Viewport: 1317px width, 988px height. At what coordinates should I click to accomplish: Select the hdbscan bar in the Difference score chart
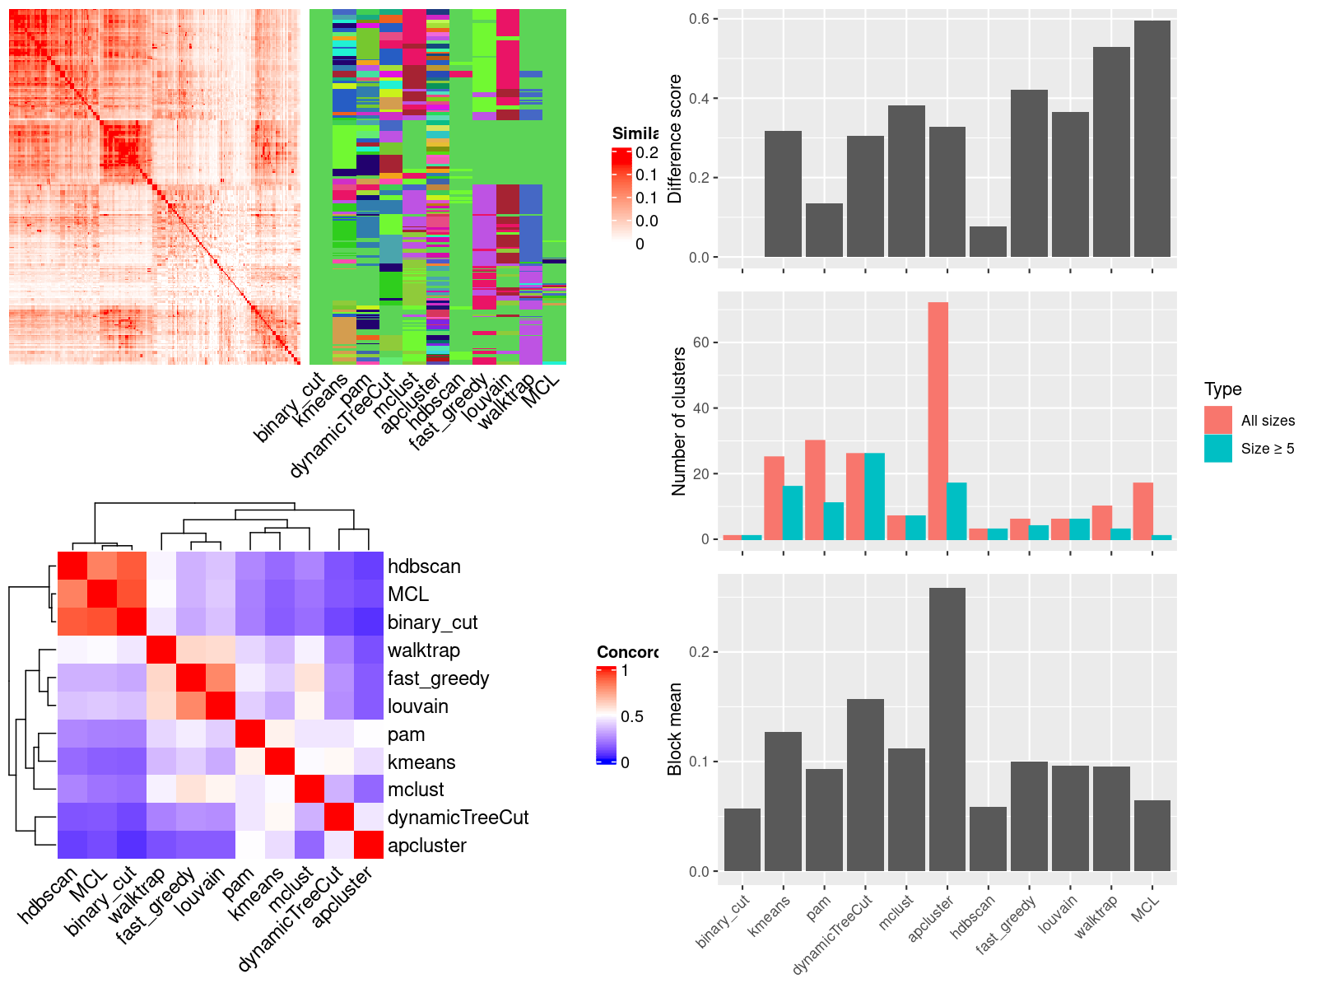988,242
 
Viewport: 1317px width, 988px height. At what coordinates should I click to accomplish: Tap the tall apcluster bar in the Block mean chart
947,729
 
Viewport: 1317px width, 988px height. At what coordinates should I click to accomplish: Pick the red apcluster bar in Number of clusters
938,421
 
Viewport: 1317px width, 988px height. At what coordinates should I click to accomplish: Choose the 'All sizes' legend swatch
1217,420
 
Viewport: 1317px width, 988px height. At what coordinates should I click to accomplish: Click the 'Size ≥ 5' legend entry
1267,449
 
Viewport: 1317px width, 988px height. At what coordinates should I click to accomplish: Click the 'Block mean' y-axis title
675,729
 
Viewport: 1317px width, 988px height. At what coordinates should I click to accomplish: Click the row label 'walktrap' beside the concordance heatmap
423,650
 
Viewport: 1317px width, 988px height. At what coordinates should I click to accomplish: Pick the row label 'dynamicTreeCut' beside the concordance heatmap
458,818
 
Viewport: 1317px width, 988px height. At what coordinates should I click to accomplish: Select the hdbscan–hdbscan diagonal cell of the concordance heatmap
72,566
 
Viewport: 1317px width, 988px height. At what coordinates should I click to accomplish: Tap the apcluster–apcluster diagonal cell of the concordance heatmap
369,845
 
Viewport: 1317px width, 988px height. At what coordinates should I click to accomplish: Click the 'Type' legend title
1222,389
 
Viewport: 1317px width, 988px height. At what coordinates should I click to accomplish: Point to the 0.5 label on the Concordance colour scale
632,716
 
